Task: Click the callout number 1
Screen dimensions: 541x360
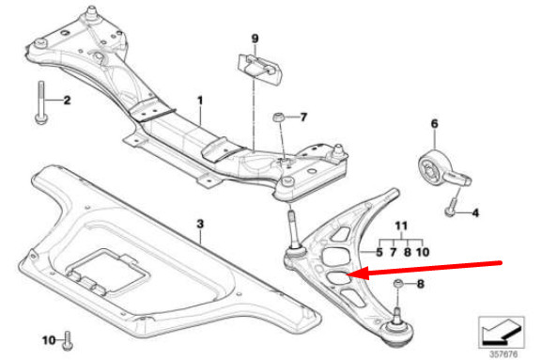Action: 199,99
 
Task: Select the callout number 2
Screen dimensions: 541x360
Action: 67,99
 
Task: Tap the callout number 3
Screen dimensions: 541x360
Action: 199,224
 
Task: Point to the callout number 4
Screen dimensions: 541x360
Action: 475,213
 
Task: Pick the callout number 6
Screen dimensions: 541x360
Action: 434,123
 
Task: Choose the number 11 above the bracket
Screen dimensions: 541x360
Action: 401,227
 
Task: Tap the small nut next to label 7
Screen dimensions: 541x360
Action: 279,117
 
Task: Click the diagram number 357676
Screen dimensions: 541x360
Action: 505,352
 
